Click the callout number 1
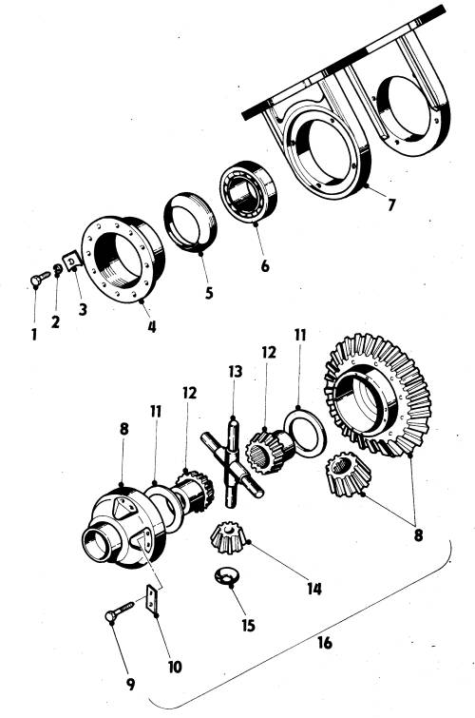[x=34, y=334]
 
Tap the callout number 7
[x=390, y=204]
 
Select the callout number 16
[x=324, y=643]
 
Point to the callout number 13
[x=236, y=372]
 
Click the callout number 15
[x=248, y=626]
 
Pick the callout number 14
[x=314, y=589]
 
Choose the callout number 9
[x=130, y=684]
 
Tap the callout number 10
[x=175, y=667]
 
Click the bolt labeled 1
[x=40, y=279]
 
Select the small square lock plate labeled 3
[x=71, y=261]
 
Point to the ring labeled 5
[x=190, y=223]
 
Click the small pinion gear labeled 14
[x=228, y=536]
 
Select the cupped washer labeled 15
[x=225, y=575]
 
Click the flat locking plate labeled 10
[x=151, y=598]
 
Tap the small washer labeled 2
[x=58, y=269]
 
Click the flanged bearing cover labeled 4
[x=123, y=259]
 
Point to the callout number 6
[x=265, y=266]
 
